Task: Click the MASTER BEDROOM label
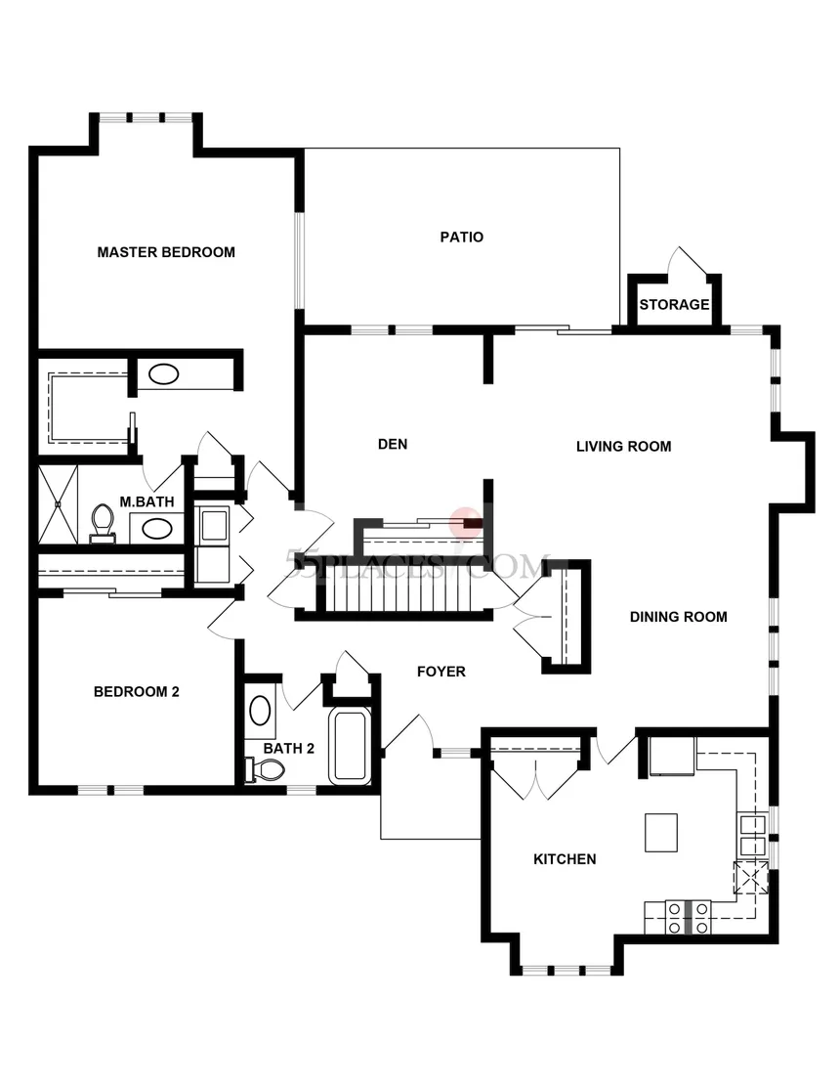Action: tap(166, 252)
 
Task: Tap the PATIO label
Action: tap(461, 237)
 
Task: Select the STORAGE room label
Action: tap(674, 304)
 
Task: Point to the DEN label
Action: tap(392, 445)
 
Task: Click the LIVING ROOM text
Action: tap(623, 447)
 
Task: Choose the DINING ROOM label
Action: tap(678, 617)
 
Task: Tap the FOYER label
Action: tap(441, 672)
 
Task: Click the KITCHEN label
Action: tap(564, 859)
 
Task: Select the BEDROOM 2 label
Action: tap(136, 692)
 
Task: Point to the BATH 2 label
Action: tap(289, 749)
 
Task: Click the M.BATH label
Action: tap(147, 502)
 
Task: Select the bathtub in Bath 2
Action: tap(350, 746)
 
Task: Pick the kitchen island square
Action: tap(661, 833)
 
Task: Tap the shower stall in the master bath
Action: tap(58, 503)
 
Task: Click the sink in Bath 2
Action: tap(260, 709)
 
